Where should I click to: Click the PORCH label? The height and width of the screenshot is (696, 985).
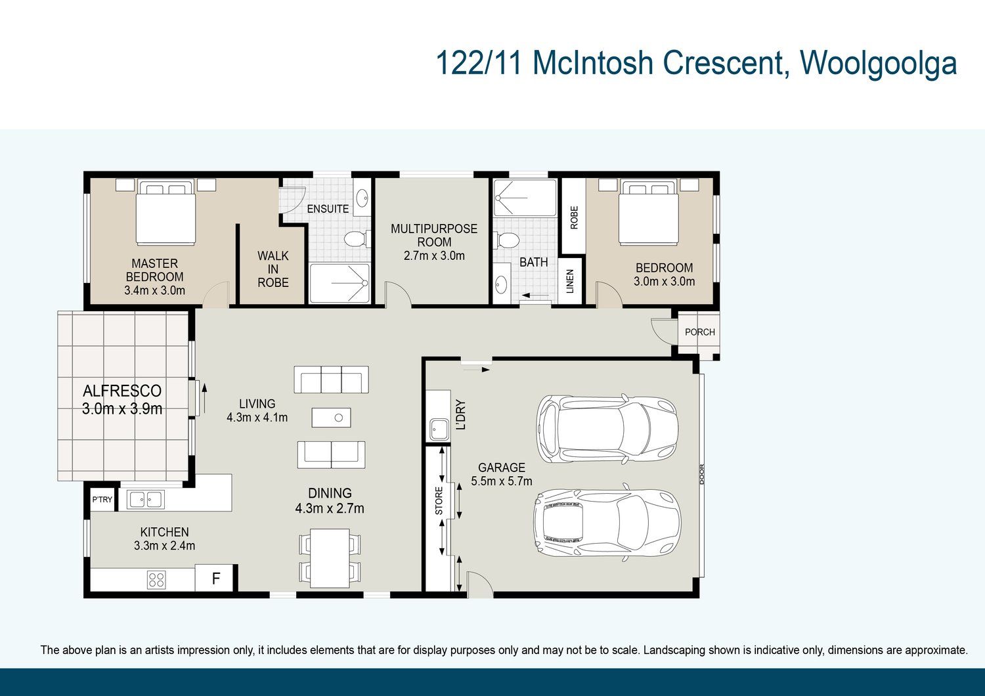[699, 332]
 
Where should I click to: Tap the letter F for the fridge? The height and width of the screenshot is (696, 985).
[216, 578]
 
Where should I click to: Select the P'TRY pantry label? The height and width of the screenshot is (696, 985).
[102, 500]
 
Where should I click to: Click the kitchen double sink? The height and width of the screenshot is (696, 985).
[146, 499]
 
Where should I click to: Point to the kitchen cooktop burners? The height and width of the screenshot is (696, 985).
[156, 579]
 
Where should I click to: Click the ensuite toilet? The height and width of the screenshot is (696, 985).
[356, 239]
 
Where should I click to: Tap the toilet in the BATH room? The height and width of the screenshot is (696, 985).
[506, 240]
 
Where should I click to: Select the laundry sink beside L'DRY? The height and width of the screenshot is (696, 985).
[439, 429]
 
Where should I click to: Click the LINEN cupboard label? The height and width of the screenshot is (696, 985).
[571, 282]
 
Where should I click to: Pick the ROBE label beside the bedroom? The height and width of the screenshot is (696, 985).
[574, 217]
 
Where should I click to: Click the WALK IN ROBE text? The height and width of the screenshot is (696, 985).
[273, 269]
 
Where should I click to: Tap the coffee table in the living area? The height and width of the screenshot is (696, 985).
[331, 418]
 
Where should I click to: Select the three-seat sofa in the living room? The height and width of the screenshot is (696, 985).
[331, 379]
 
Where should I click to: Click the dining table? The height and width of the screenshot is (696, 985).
[330, 558]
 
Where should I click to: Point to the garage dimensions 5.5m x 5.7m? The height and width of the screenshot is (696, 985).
[502, 481]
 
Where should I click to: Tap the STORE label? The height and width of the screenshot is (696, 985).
[439, 501]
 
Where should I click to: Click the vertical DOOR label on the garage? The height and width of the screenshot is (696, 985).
[702, 475]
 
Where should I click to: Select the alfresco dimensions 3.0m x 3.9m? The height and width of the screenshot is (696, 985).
[122, 409]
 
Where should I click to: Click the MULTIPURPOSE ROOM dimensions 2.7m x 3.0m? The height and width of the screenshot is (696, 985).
[434, 255]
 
